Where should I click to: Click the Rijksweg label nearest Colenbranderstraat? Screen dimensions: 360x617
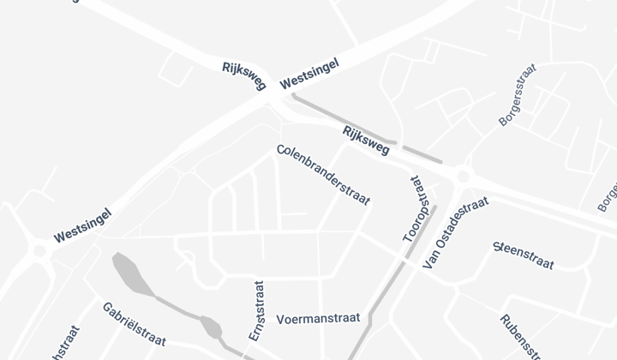[x=366, y=141]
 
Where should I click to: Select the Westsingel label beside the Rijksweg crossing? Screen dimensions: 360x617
[x=309, y=74]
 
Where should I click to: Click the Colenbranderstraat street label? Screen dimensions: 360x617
[x=323, y=175]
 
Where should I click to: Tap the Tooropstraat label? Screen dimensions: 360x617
[x=415, y=209]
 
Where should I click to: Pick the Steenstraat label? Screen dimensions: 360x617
[x=524, y=256]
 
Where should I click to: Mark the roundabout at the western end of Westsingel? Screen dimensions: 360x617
[x=39, y=251]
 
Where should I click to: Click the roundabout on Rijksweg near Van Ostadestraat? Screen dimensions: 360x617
[x=464, y=176]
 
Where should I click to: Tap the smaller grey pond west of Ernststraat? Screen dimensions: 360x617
[x=210, y=327]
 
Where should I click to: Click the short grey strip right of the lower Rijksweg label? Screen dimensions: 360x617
[x=422, y=154]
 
